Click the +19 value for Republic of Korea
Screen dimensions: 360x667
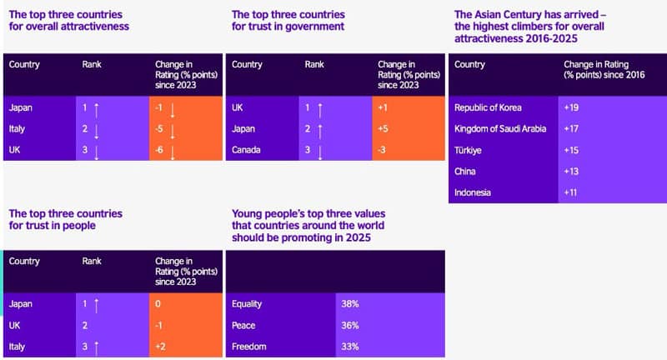[572, 107]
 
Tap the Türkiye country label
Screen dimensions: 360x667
[469, 150]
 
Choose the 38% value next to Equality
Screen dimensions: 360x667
[350, 304]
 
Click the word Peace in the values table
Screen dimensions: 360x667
[244, 326]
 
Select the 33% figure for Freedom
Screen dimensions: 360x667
[350, 347]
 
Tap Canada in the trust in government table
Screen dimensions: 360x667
[247, 151]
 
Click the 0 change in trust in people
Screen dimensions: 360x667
[158, 304]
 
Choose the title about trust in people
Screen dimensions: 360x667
[66, 220]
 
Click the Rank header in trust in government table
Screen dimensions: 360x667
[314, 64]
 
